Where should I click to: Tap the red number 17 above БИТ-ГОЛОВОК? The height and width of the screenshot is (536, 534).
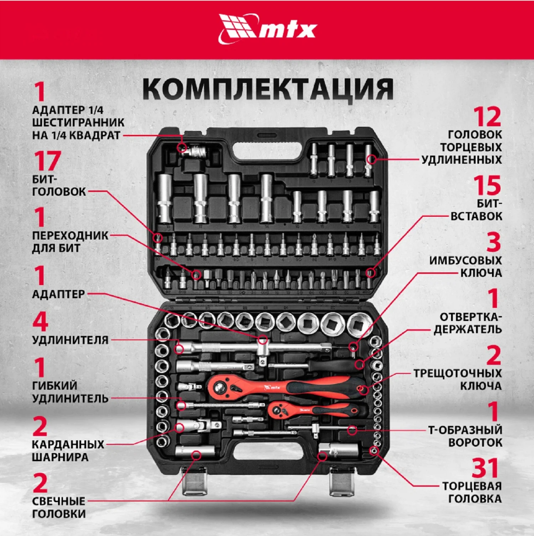tap(47, 161)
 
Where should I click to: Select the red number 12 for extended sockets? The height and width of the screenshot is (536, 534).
tap(487, 117)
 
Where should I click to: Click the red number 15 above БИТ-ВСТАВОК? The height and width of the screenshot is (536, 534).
tap(487, 185)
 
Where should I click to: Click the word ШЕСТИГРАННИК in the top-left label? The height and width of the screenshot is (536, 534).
tap(78, 122)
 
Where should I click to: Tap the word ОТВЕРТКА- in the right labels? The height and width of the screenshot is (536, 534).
tap(471, 317)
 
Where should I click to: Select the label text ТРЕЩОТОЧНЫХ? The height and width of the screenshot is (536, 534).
tap(457, 373)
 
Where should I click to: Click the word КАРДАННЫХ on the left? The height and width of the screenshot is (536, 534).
tap(68, 444)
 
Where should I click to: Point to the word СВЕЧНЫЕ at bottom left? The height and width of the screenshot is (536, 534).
tap(59, 501)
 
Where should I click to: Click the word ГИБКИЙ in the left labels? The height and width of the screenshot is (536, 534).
tap(54, 385)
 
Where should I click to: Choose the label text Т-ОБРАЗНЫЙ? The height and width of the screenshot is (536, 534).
tap(465, 430)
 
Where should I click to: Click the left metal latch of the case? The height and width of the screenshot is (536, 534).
tap(194, 480)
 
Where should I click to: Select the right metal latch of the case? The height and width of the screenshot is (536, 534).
tap(341, 481)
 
